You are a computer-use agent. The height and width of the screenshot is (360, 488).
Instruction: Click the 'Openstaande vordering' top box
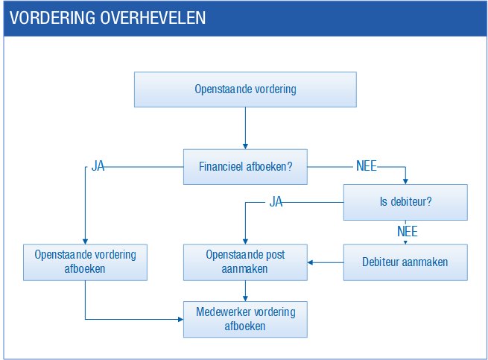tap(245, 89)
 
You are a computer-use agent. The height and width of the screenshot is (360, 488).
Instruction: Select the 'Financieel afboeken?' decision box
tap(245, 167)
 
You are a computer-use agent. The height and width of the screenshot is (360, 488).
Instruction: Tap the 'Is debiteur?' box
tap(405, 203)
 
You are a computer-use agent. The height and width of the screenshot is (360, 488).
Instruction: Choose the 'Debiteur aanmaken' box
tap(405, 262)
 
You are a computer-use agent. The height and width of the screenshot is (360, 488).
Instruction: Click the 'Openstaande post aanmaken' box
tap(245, 262)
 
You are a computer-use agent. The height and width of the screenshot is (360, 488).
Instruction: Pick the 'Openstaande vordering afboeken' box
tap(85, 262)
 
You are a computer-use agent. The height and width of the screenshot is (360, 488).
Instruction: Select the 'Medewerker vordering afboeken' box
tap(245, 320)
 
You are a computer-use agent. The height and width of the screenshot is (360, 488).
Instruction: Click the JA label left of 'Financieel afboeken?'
tap(98, 166)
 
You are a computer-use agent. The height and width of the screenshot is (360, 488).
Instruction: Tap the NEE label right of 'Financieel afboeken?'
tap(367, 166)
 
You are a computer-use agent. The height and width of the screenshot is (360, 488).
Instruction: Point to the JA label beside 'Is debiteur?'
tap(276, 202)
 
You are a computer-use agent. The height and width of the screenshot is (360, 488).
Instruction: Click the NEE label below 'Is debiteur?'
tap(408, 232)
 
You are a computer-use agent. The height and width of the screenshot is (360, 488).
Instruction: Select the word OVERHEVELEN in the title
tap(153, 18)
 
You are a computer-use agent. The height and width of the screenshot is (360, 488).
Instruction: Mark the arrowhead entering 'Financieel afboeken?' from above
tap(245, 146)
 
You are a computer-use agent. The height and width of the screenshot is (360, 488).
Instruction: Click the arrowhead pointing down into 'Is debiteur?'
tap(405, 182)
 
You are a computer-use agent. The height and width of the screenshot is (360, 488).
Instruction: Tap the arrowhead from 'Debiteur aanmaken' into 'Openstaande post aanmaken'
tap(310, 262)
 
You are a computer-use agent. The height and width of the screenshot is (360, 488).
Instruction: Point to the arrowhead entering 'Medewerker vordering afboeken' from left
tap(180, 319)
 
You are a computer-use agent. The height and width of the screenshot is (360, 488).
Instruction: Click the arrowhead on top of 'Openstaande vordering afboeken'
tap(85, 241)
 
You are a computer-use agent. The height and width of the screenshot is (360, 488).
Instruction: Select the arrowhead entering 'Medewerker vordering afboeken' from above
tap(245, 298)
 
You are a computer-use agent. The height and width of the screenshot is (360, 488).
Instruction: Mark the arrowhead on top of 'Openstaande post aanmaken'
tap(245, 241)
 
